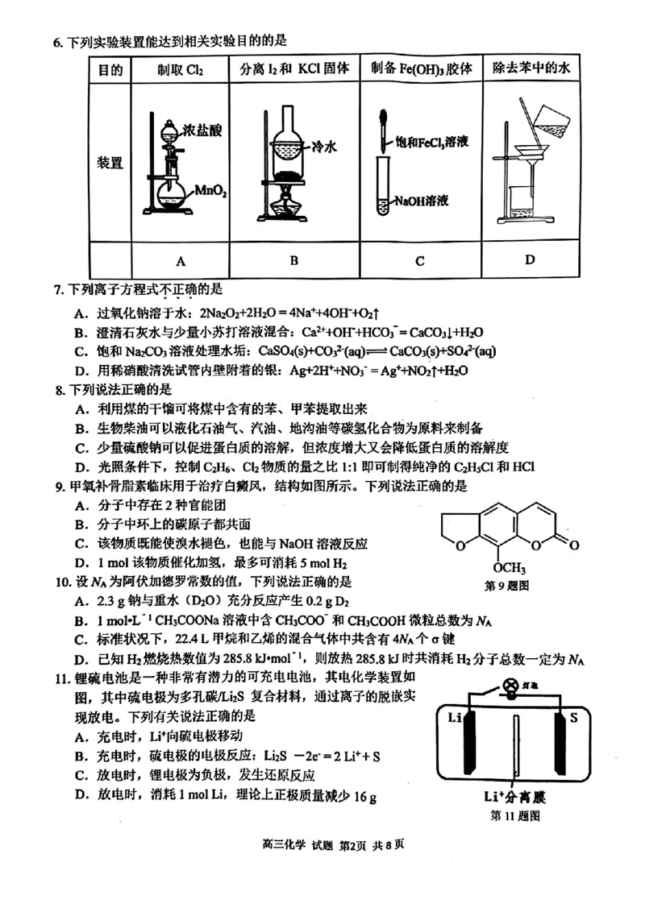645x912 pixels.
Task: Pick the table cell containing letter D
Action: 530,259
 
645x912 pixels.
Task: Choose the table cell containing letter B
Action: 294,259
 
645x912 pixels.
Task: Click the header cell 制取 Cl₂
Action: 181,69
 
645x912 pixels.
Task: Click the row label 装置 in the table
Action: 110,163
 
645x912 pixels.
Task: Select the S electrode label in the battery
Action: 574,717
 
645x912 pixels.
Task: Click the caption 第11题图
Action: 515,815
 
